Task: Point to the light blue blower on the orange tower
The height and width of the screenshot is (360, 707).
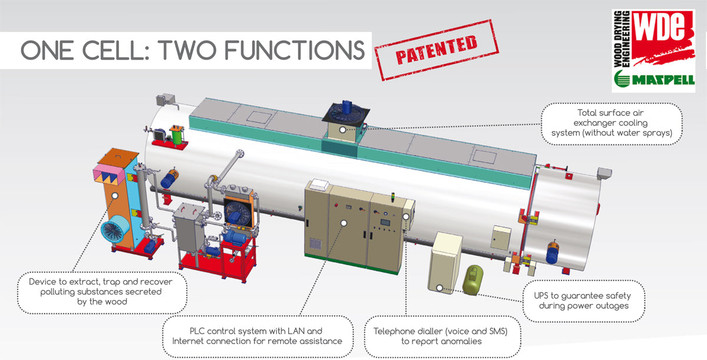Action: coord(114,232)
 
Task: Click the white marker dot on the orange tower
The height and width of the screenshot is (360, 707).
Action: coord(115,194)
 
